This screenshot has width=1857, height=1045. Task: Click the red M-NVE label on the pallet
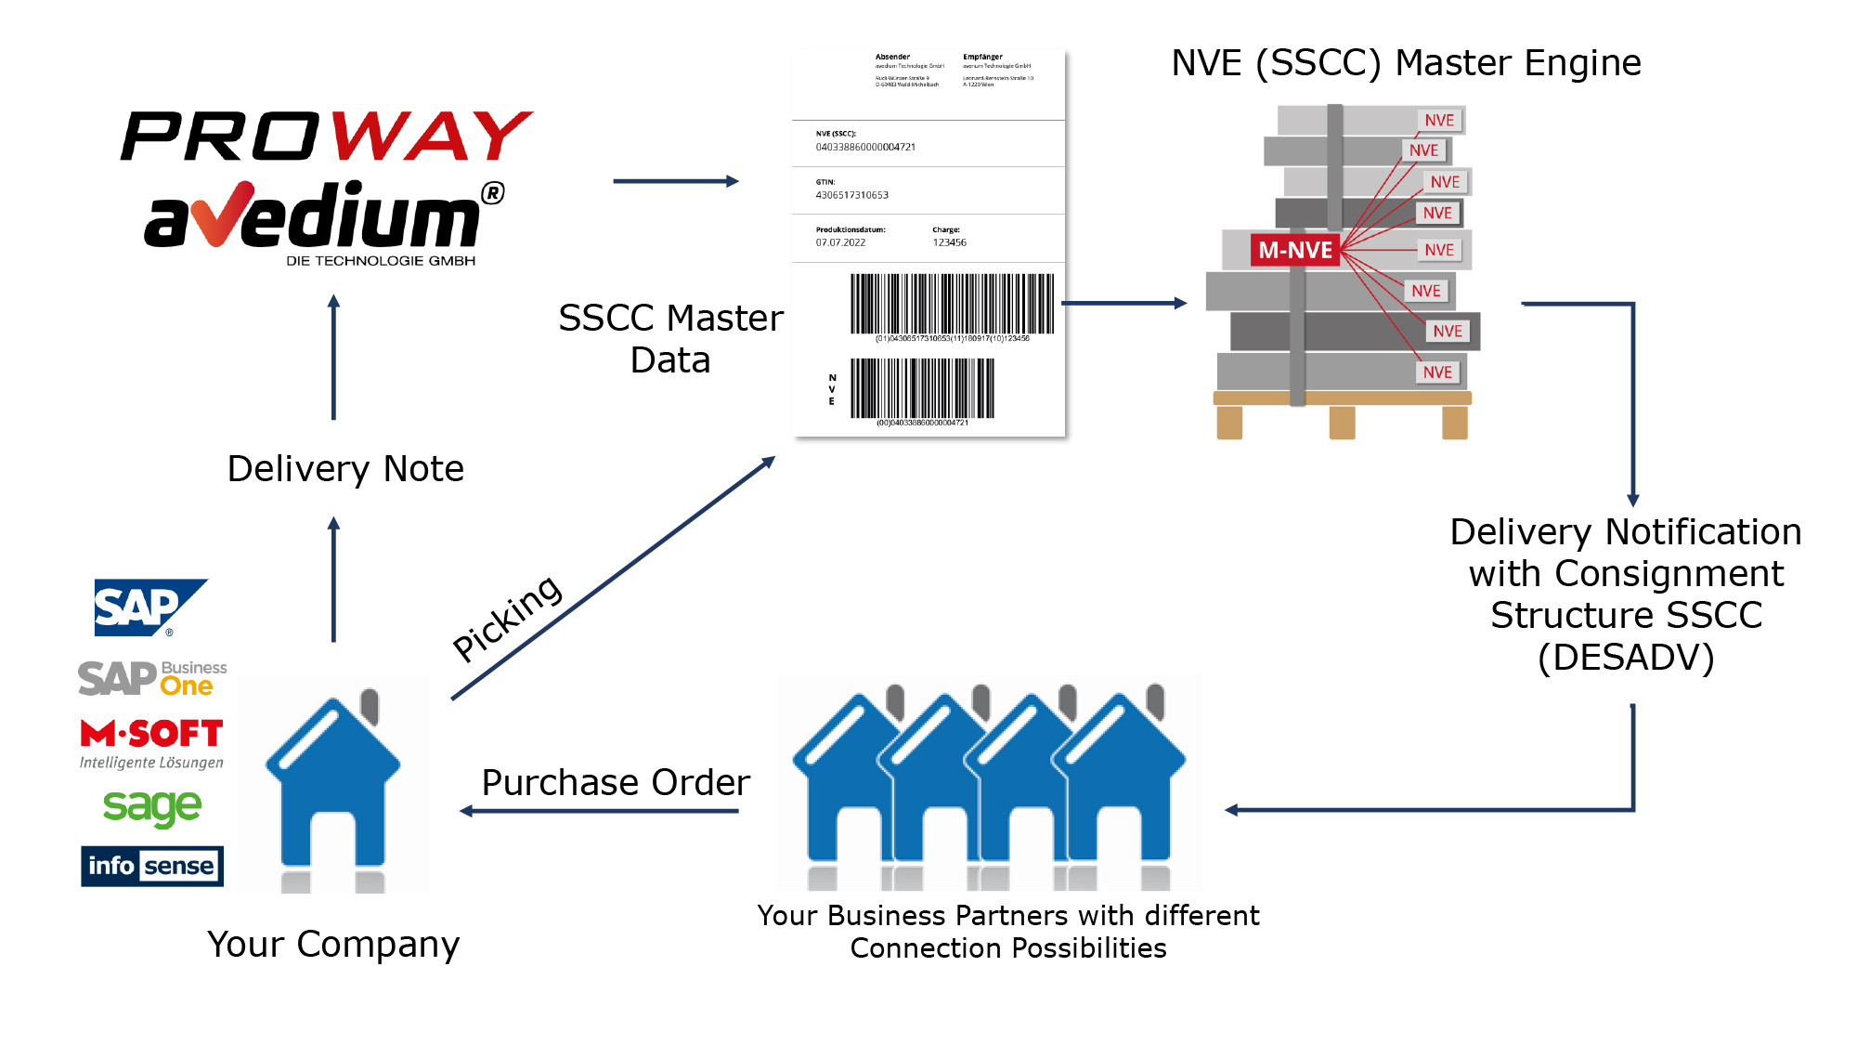[1294, 250]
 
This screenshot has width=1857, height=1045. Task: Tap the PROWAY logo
[327, 136]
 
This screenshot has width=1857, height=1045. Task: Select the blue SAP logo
[149, 608]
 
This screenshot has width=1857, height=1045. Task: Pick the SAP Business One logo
[152, 678]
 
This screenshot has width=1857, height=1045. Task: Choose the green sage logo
[152, 807]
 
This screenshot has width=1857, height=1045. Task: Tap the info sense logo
[152, 866]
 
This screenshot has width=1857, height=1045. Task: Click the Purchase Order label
[616, 783]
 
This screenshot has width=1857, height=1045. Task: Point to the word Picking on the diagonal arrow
[507, 618]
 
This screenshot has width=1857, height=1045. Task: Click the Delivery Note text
[345, 469]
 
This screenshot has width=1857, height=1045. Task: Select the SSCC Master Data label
[670, 338]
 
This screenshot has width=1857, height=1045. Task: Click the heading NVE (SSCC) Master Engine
[1406, 63]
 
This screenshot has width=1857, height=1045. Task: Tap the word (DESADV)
[1626, 658]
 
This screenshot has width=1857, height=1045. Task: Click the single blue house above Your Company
[332, 785]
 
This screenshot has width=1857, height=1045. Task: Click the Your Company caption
[333, 945]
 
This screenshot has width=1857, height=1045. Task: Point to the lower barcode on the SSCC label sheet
[922, 388]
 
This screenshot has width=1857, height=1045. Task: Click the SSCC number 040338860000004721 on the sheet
[865, 147]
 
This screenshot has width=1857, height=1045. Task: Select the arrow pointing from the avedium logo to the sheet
[675, 181]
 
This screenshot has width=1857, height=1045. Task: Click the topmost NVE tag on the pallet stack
[1439, 120]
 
